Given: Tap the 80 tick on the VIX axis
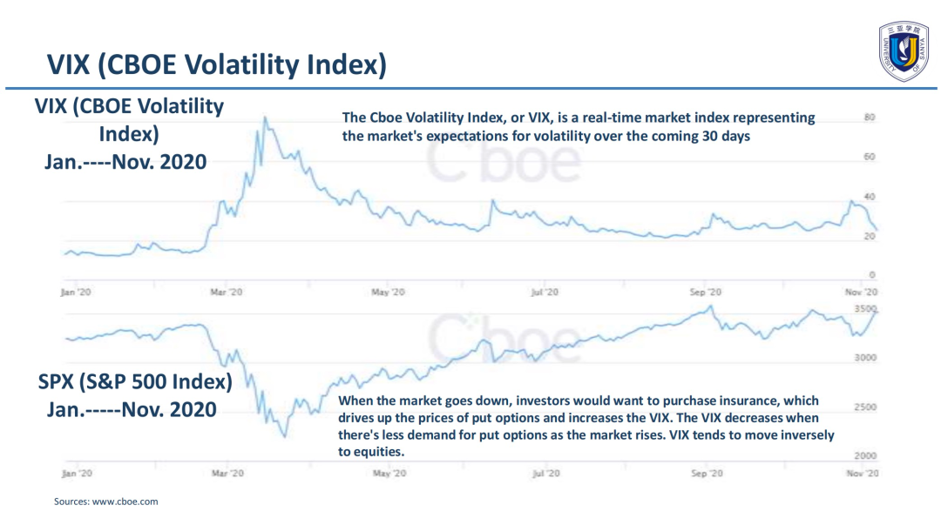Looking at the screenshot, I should click(869, 118).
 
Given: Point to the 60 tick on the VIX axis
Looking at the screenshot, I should click(869, 157).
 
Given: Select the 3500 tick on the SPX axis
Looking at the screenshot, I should click(864, 309).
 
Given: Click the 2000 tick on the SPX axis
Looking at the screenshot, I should click(864, 455).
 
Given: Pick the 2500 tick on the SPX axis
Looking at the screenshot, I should click(864, 407).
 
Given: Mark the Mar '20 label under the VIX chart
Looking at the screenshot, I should click(227, 293).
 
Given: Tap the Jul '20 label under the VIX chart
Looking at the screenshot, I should click(544, 293).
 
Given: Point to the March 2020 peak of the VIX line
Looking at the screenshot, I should click(264, 118).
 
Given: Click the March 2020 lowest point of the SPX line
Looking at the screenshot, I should click(285, 436).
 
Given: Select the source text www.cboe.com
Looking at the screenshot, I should click(125, 501).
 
